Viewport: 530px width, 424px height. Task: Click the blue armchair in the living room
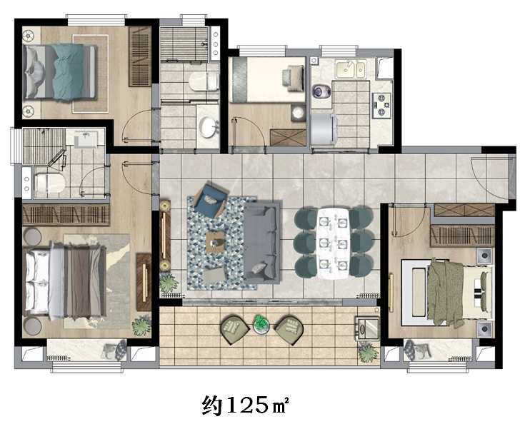point(210,201)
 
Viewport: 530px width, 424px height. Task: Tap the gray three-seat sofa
point(261,241)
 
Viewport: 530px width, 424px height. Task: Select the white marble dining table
point(333,243)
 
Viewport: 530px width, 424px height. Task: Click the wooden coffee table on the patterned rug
point(215,242)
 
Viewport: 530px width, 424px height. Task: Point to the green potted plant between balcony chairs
point(261,324)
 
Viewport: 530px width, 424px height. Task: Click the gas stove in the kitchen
point(381,106)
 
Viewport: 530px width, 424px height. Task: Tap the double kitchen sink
point(351,69)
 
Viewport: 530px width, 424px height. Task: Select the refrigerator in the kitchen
point(324,128)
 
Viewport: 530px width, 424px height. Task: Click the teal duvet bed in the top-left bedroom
point(60,72)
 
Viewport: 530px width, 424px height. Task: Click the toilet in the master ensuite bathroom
point(50,183)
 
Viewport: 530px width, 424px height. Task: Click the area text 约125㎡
point(246,405)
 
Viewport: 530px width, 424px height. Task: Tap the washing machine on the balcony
point(366,328)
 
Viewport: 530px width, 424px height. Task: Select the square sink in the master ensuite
point(86,139)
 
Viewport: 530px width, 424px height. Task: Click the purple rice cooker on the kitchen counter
point(319,91)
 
